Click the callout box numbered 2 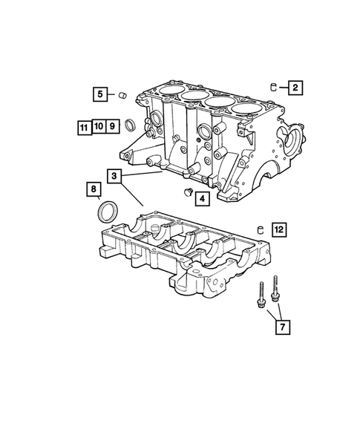tap(295, 88)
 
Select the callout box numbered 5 tap(99, 94)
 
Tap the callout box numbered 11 tap(83, 126)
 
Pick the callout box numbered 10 tap(96, 126)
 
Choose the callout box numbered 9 tap(111, 126)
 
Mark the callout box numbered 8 tap(94, 190)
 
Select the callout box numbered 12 tap(278, 229)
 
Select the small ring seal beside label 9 tap(128, 124)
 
